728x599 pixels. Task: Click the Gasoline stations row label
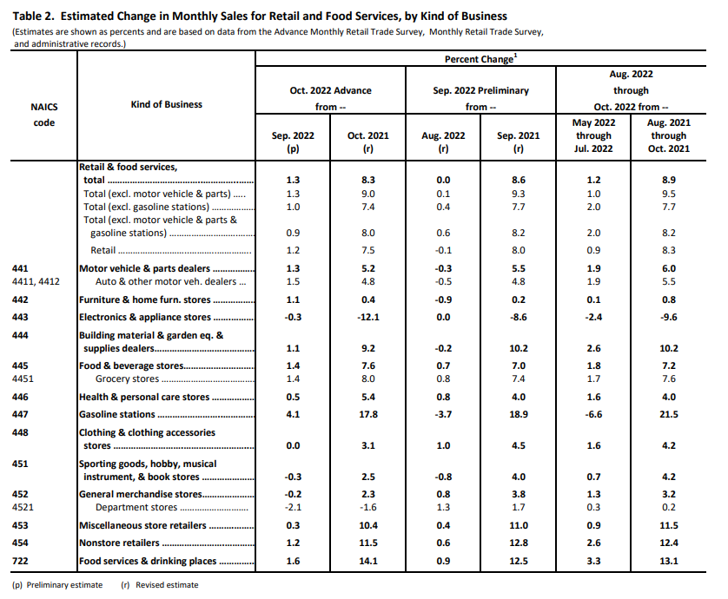(117, 414)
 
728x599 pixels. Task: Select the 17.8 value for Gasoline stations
(368, 414)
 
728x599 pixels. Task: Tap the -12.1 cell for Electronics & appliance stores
(368, 318)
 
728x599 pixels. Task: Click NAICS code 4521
(23, 507)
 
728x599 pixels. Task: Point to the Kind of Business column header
(166, 104)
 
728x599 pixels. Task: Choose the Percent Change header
(480, 59)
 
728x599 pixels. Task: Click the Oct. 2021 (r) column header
(368, 142)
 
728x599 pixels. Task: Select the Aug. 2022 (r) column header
(443, 142)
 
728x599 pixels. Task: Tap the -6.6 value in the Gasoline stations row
(594, 414)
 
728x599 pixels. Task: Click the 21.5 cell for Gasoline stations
(669, 414)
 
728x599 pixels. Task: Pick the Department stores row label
(136, 508)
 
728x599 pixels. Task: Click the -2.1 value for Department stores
(293, 508)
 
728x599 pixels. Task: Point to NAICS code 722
(20, 561)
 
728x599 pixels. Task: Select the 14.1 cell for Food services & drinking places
(368, 561)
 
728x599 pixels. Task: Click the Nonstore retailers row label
(119, 543)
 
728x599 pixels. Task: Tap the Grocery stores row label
(127, 379)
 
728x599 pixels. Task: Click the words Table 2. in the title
(33, 16)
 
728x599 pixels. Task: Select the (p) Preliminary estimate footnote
(57, 585)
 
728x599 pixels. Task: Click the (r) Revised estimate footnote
(160, 585)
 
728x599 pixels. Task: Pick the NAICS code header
(44, 115)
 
